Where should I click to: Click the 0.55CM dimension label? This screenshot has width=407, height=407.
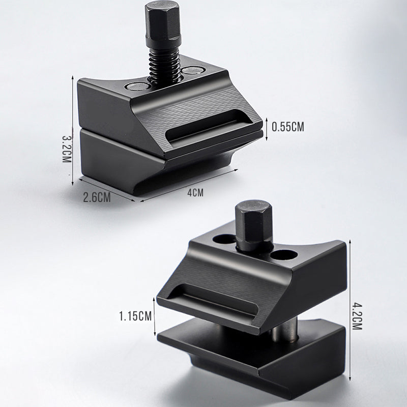click(x=287, y=127)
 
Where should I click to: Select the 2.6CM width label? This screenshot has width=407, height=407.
click(x=97, y=197)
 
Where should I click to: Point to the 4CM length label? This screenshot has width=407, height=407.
click(x=195, y=193)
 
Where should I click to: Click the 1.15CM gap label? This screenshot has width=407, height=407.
click(x=135, y=316)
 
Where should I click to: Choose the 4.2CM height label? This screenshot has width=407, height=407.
click(x=357, y=316)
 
